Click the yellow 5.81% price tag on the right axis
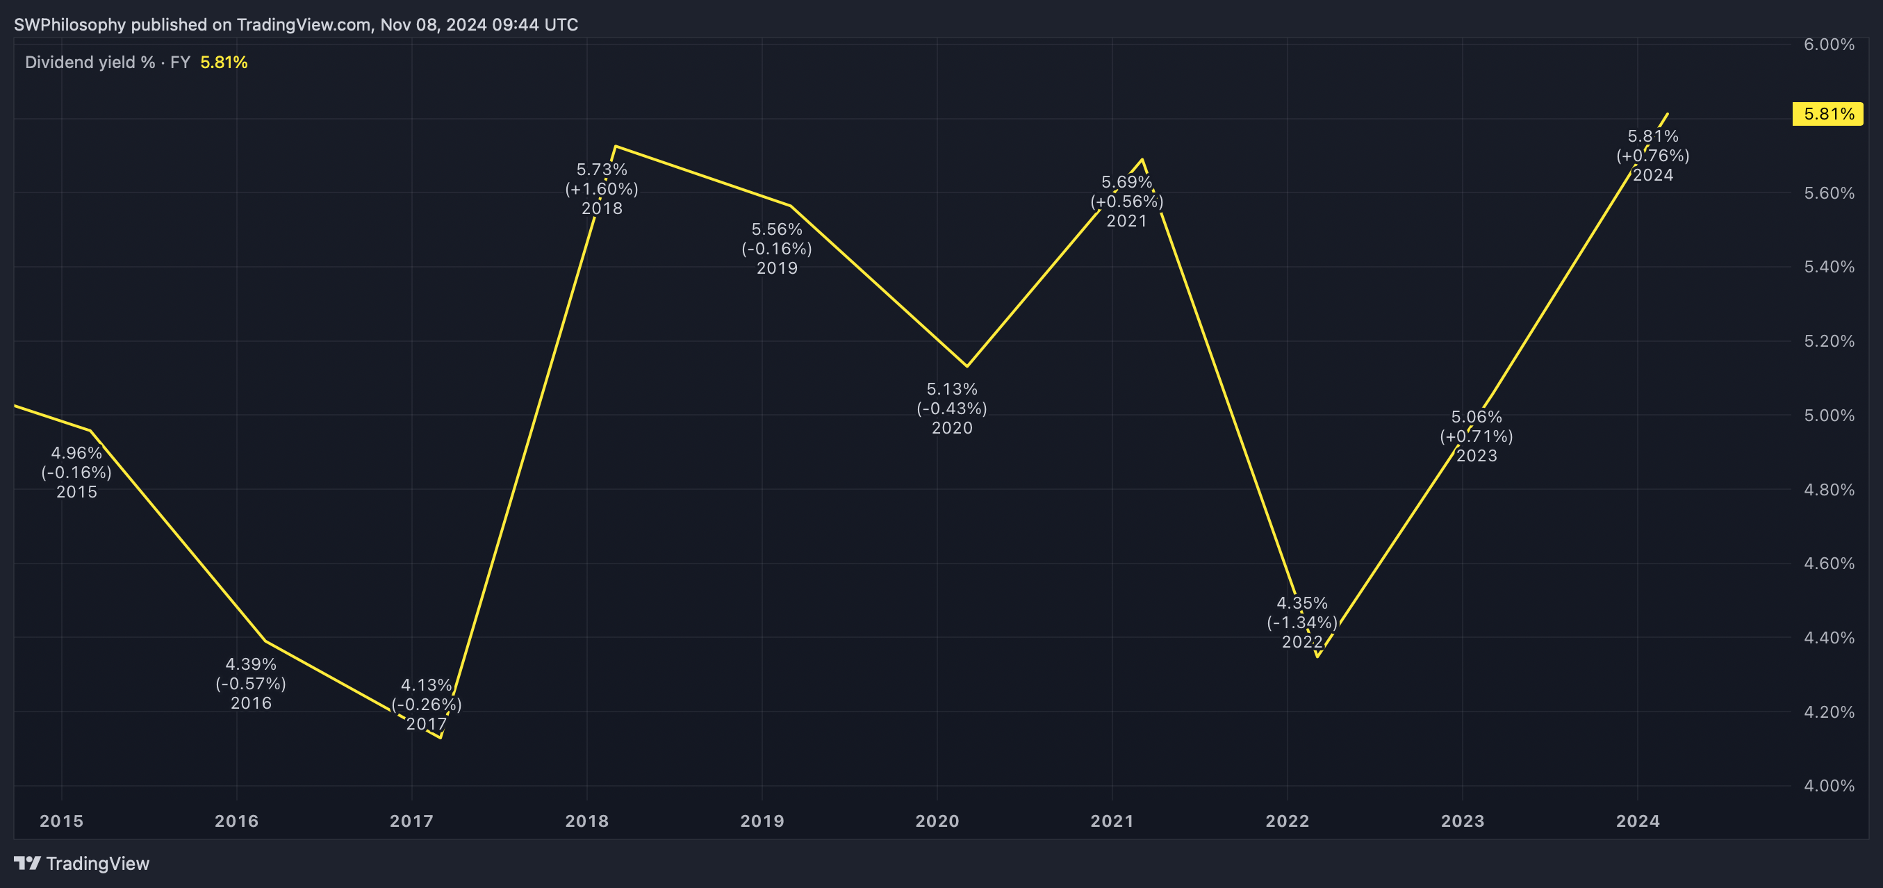coord(1827,114)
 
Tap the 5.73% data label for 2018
coord(602,170)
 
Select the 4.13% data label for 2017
coord(426,686)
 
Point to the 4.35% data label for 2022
coord(1302,604)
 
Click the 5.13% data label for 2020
coord(952,390)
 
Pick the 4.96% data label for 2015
coord(76,453)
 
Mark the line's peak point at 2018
coord(616,146)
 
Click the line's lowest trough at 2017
coord(441,737)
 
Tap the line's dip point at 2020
coord(967,366)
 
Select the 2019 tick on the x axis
coord(762,821)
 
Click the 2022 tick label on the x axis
coord(1288,821)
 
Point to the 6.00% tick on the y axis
coord(1828,44)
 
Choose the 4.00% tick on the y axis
coord(1828,786)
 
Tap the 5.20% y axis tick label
coord(1828,341)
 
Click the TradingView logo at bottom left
coord(82,863)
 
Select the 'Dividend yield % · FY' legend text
coord(108,63)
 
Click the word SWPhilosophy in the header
coord(69,25)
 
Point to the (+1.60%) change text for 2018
coord(602,189)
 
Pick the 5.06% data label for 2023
coord(1476,418)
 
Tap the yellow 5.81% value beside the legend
coord(224,63)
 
